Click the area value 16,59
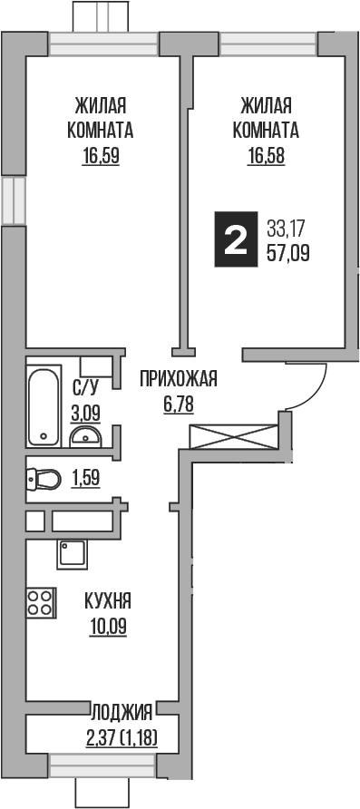point(101,154)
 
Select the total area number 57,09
point(288,254)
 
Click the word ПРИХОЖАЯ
point(179,379)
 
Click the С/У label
point(85,390)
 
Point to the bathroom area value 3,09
point(85,414)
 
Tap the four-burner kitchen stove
point(39,603)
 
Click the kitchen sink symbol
point(72,552)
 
